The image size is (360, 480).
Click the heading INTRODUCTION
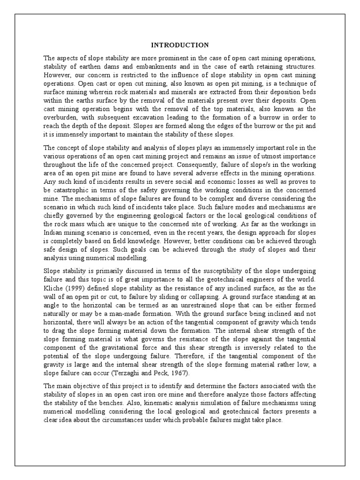coord(180,45)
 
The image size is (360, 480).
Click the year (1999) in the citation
coord(77,288)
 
